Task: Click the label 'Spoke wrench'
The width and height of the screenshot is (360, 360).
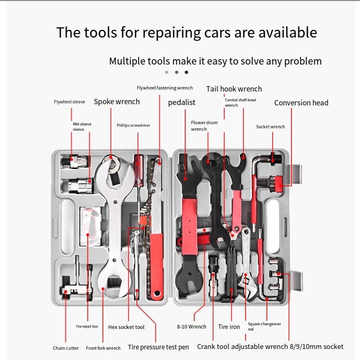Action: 116,102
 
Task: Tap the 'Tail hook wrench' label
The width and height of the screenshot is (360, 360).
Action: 234,89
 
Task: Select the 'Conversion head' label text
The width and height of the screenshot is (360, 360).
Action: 301,103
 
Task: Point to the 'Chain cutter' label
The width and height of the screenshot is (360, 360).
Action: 66,348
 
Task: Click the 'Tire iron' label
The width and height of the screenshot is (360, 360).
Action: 229,327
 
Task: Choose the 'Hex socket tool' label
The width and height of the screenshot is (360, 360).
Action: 126,327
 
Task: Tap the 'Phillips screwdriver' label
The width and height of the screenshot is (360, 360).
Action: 133,125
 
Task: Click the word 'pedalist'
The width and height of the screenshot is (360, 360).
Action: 181,103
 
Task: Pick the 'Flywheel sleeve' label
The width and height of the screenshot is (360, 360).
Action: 69,102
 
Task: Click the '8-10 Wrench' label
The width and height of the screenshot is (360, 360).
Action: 192,326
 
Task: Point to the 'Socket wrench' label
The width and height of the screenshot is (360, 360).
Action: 271,127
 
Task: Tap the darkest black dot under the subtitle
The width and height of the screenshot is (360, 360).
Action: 186,72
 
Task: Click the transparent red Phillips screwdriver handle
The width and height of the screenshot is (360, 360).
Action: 139,170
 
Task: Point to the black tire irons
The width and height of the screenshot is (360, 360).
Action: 230,273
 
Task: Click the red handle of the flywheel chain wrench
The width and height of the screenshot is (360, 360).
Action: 157,266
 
